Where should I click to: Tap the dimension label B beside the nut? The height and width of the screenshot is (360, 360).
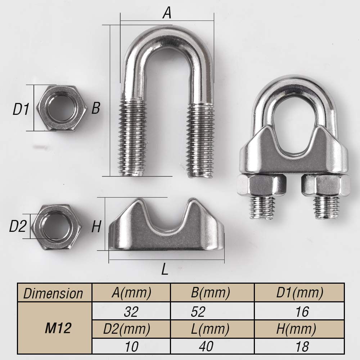pyautogui.click(x=95, y=108)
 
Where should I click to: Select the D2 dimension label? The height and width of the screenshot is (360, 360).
pyautogui.click(x=18, y=226)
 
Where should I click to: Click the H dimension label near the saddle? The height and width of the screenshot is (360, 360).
pyautogui.click(x=96, y=227)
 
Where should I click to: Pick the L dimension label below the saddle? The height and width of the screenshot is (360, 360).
pyautogui.click(x=165, y=269)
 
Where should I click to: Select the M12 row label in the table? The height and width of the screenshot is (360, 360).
pyautogui.click(x=58, y=328)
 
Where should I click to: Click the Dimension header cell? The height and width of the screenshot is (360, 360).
pyautogui.click(x=53, y=293)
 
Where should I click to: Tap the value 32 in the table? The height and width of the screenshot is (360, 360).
pyautogui.click(x=131, y=311)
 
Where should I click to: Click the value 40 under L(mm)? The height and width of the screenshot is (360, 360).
pyautogui.click(x=206, y=346)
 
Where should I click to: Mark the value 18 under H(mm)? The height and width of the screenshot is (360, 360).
pyautogui.click(x=301, y=346)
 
